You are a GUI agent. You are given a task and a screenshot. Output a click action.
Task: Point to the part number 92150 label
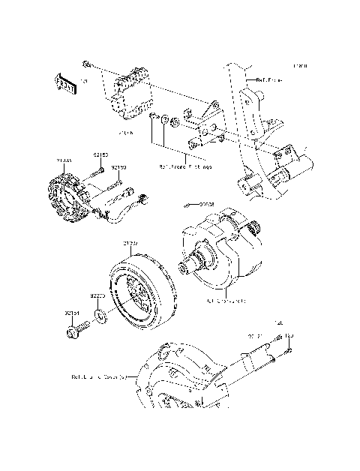118,168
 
